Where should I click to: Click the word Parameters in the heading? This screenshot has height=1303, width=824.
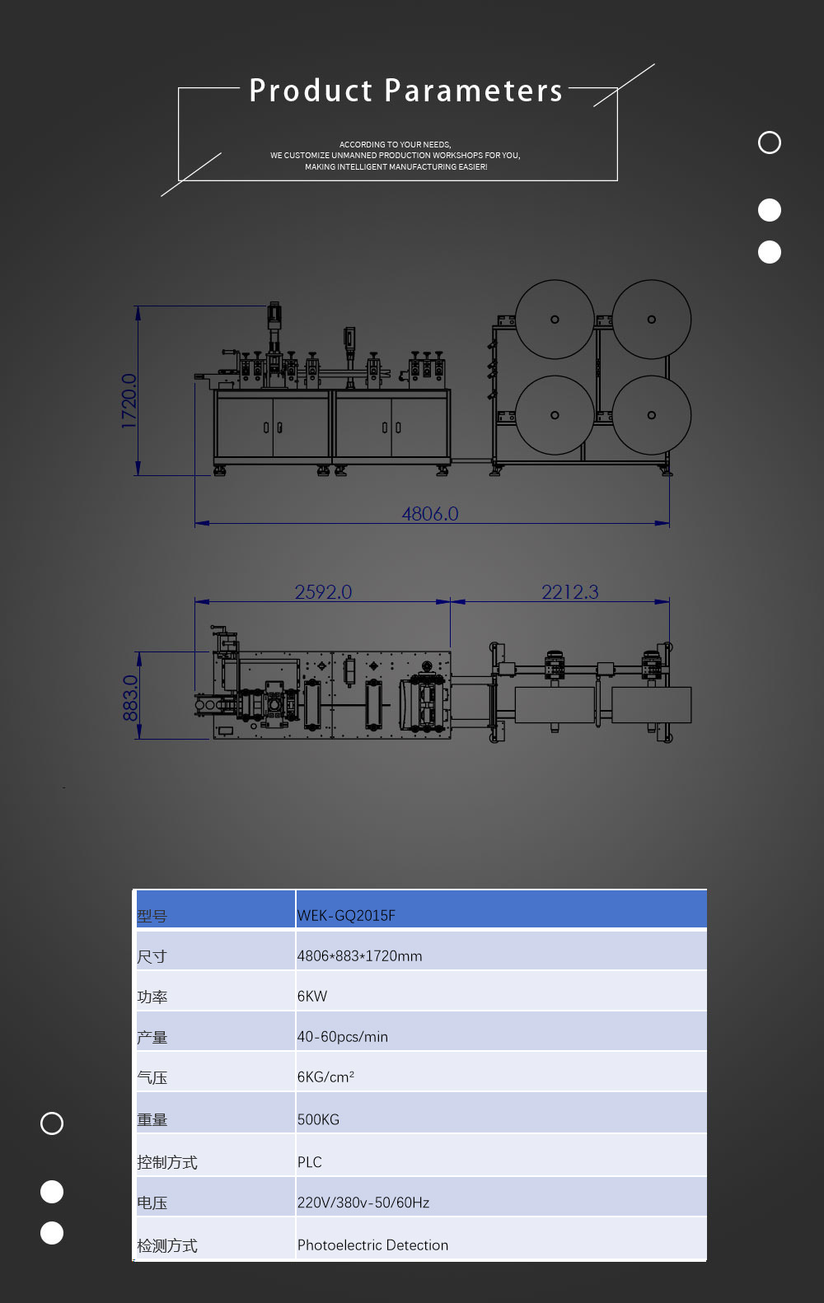[x=474, y=91]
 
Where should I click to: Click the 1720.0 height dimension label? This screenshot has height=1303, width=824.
[x=129, y=401]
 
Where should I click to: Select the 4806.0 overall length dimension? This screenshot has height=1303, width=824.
[x=430, y=514]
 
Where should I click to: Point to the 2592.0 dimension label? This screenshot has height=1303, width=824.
[x=323, y=591]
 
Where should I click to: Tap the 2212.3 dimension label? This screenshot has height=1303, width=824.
[x=569, y=591]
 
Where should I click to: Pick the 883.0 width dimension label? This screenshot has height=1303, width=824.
[x=130, y=698]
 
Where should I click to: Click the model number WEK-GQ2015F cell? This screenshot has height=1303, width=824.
[x=346, y=916]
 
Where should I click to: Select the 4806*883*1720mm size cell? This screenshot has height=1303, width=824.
[x=359, y=955]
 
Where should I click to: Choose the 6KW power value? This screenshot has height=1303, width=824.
[x=312, y=997]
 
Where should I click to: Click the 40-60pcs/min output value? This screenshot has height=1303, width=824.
[x=343, y=1037]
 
